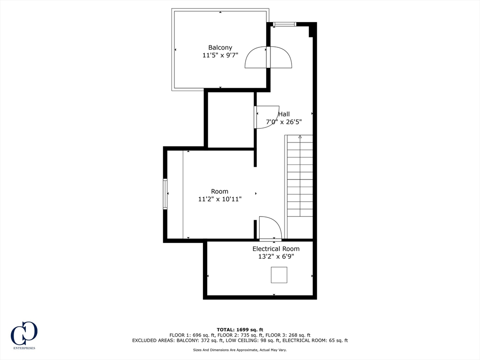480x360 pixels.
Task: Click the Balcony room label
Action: [x=220, y=47]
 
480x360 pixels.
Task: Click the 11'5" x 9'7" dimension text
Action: [x=220, y=55]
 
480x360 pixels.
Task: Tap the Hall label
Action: [x=284, y=114]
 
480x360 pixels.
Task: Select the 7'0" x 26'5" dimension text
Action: [x=284, y=122]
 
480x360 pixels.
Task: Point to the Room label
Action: [x=219, y=191]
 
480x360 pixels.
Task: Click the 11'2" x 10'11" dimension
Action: [x=219, y=199]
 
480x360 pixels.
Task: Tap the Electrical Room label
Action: [x=276, y=249]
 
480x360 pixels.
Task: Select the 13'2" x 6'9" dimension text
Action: [x=276, y=256]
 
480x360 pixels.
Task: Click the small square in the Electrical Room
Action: [x=279, y=275]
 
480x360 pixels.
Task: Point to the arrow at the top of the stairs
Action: [x=300, y=136]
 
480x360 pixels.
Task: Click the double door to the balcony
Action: [x=269, y=57]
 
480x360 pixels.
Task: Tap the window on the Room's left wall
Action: [x=165, y=194]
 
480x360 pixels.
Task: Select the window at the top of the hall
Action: [x=285, y=24]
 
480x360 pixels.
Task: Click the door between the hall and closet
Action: [x=266, y=117]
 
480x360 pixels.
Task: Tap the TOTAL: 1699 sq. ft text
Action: [x=240, y=330]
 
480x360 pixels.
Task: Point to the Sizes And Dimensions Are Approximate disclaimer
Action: [x=240, y=350]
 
